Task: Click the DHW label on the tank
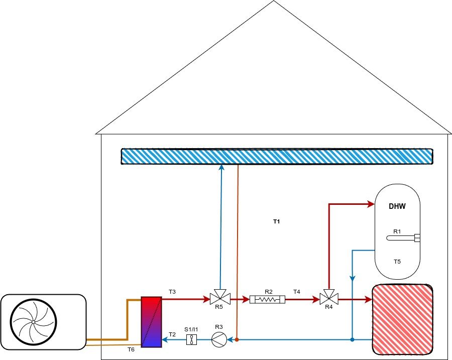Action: click(x=397, y=206)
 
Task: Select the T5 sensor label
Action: click(x=397, y=262)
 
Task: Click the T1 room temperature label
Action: click(x=276, y=221)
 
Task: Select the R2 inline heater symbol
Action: click(x=268, y=300)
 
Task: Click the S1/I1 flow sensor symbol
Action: click(x=191, y=340)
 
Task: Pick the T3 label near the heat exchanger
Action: click(x=172, y=292)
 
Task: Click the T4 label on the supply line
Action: click(x=296, y=292)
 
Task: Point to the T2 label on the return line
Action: click(x=172, y=334)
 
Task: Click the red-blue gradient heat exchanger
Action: click(x=151, y=321)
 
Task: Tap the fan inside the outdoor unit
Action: click(x=33, y=322)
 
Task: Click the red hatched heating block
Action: click(x=402, y=319)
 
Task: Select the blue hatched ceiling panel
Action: click(x=277, y=156)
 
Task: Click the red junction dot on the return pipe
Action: click(x=237, y=340)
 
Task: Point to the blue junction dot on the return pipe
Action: click(x=353, y=340)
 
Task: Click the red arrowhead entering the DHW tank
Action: click(x=371, y=204)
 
